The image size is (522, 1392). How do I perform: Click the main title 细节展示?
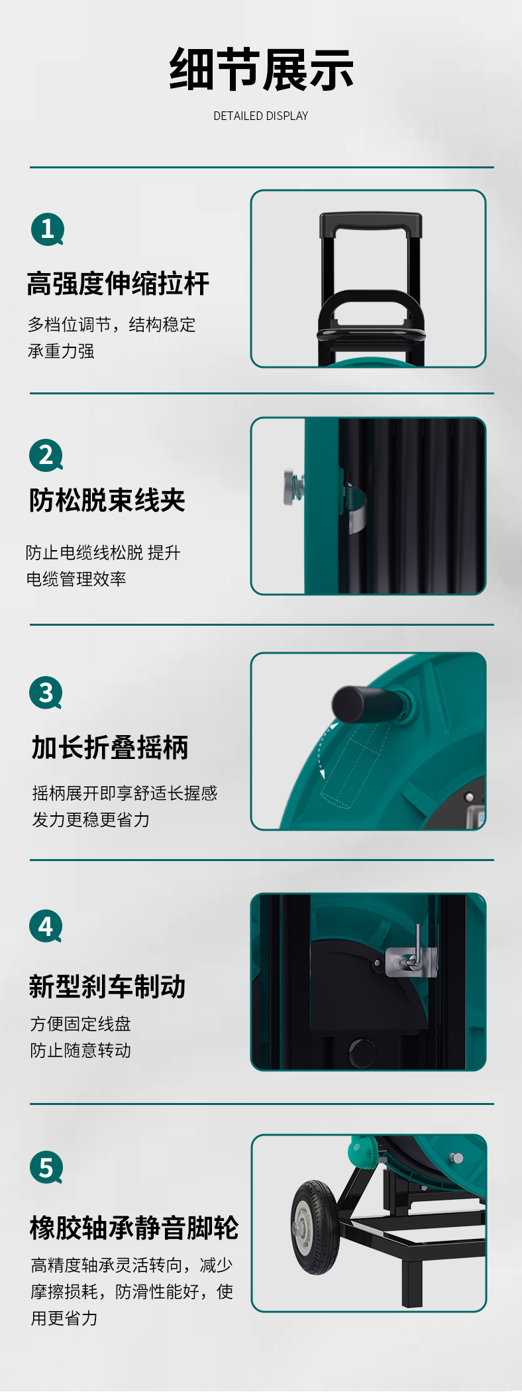(261, 70)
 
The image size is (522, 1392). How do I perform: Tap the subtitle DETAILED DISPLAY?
(261, 116)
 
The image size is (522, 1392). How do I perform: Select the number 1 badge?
(47, 229)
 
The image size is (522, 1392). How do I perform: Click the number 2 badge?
(46, 455)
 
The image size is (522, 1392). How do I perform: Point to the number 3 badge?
(46, 693)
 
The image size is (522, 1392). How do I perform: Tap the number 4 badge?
(46, 926)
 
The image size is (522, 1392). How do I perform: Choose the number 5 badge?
(46, 1167)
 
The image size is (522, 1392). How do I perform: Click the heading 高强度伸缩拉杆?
(118, 284)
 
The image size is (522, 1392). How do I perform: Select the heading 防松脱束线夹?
(107, 500)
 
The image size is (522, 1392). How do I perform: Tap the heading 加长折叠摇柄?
(110, 748)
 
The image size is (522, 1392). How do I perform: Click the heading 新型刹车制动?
(107, 986)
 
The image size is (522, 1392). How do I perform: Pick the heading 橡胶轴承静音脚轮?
(134, 1228)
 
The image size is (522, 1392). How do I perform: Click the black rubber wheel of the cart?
(316, 1227)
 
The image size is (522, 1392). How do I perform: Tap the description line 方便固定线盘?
(80, 1024)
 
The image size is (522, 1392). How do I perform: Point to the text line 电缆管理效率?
(76, 579)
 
